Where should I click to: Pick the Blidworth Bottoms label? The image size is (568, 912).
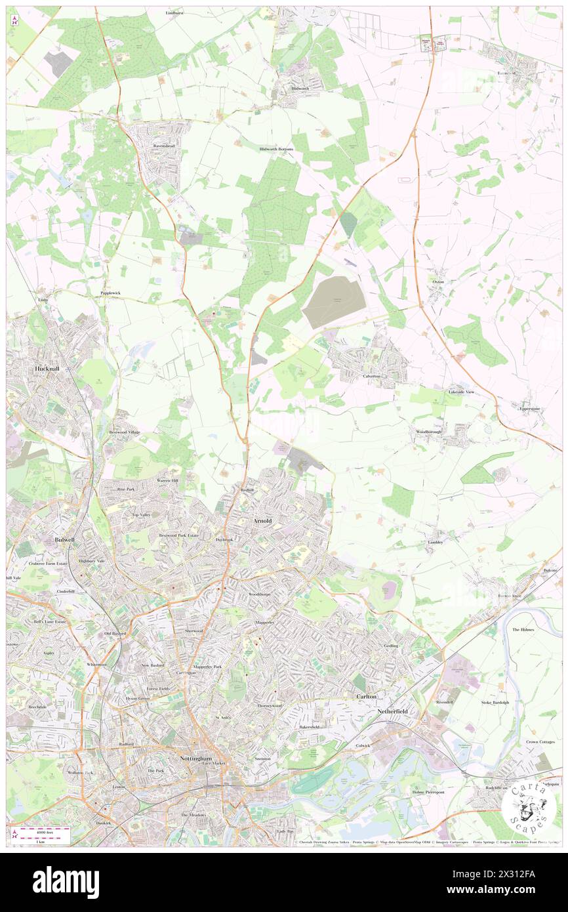click(x=276, y=149)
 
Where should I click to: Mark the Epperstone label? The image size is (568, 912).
click(x=529, y=409)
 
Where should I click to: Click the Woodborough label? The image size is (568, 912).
click(x=430, y=432)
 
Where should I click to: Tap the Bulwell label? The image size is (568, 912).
click(x=66, y=539)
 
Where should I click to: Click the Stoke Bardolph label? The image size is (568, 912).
click(x=495, y=702)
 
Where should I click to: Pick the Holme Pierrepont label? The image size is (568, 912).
click(x=428, y=792)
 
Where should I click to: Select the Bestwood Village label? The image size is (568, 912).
click(x=125, y=433)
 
